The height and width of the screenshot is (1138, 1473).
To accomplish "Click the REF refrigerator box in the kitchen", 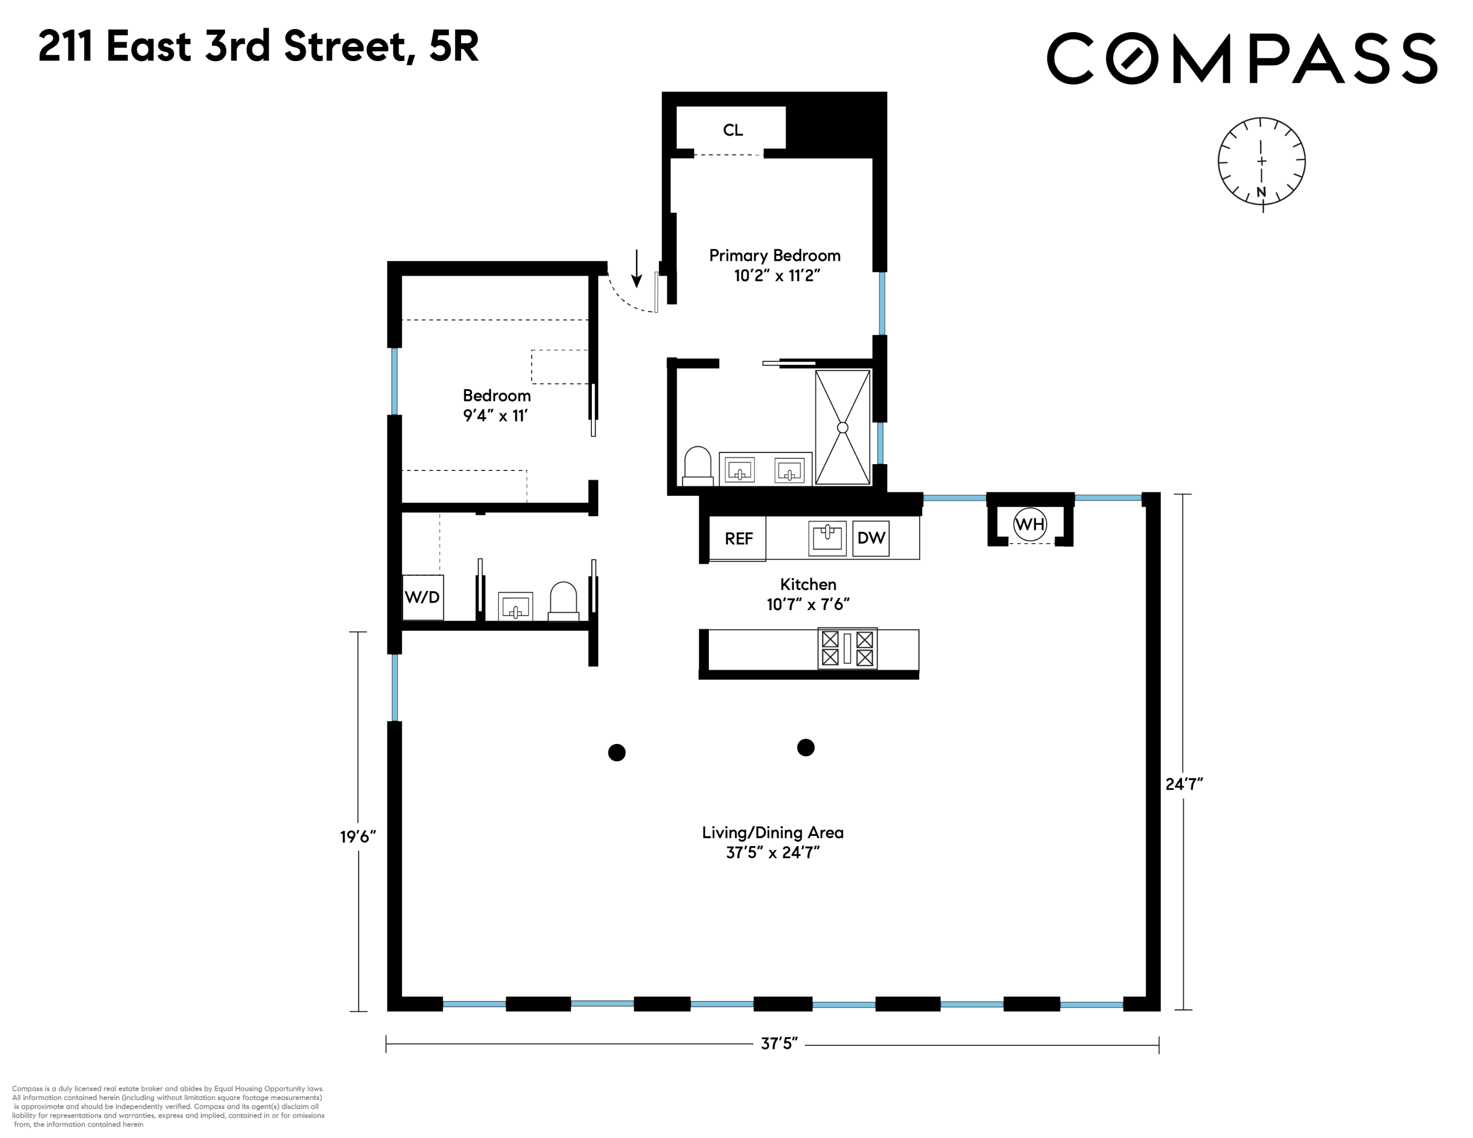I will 738,538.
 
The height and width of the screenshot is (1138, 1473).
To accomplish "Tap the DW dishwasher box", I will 870,537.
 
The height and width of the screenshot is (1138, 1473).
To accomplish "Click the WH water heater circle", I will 1029,524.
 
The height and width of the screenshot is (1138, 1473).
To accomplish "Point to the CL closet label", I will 733,130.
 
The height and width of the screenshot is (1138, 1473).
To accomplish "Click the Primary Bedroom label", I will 774,256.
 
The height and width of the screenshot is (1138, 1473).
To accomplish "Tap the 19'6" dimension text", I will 357,837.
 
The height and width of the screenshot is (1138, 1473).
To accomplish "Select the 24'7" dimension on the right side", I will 1184,784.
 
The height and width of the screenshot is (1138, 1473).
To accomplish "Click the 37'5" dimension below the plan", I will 779,1044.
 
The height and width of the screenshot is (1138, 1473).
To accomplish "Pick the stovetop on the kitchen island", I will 847,648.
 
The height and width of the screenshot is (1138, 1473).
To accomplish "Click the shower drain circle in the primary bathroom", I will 842,427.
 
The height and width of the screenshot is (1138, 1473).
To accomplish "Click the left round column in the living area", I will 617,752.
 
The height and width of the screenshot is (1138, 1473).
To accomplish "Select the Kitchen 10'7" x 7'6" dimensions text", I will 807,604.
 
